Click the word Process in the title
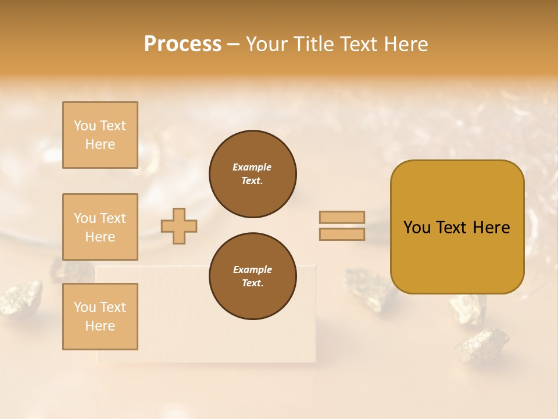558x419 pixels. (183, 44)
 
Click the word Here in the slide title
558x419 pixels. (403, 44)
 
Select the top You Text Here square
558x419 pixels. (100, 135)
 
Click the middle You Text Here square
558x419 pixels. (100, 227)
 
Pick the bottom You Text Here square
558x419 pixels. (100, 317)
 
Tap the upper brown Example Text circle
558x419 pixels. (252, 174)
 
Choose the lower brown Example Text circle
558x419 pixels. (252, 276)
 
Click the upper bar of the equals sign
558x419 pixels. (342, 218)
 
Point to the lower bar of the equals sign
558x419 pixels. (342, 235)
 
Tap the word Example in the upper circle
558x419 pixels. (252, 167)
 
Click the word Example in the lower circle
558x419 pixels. (252, 269)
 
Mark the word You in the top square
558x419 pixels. (85, 126)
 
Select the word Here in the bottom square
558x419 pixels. (100, 326)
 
